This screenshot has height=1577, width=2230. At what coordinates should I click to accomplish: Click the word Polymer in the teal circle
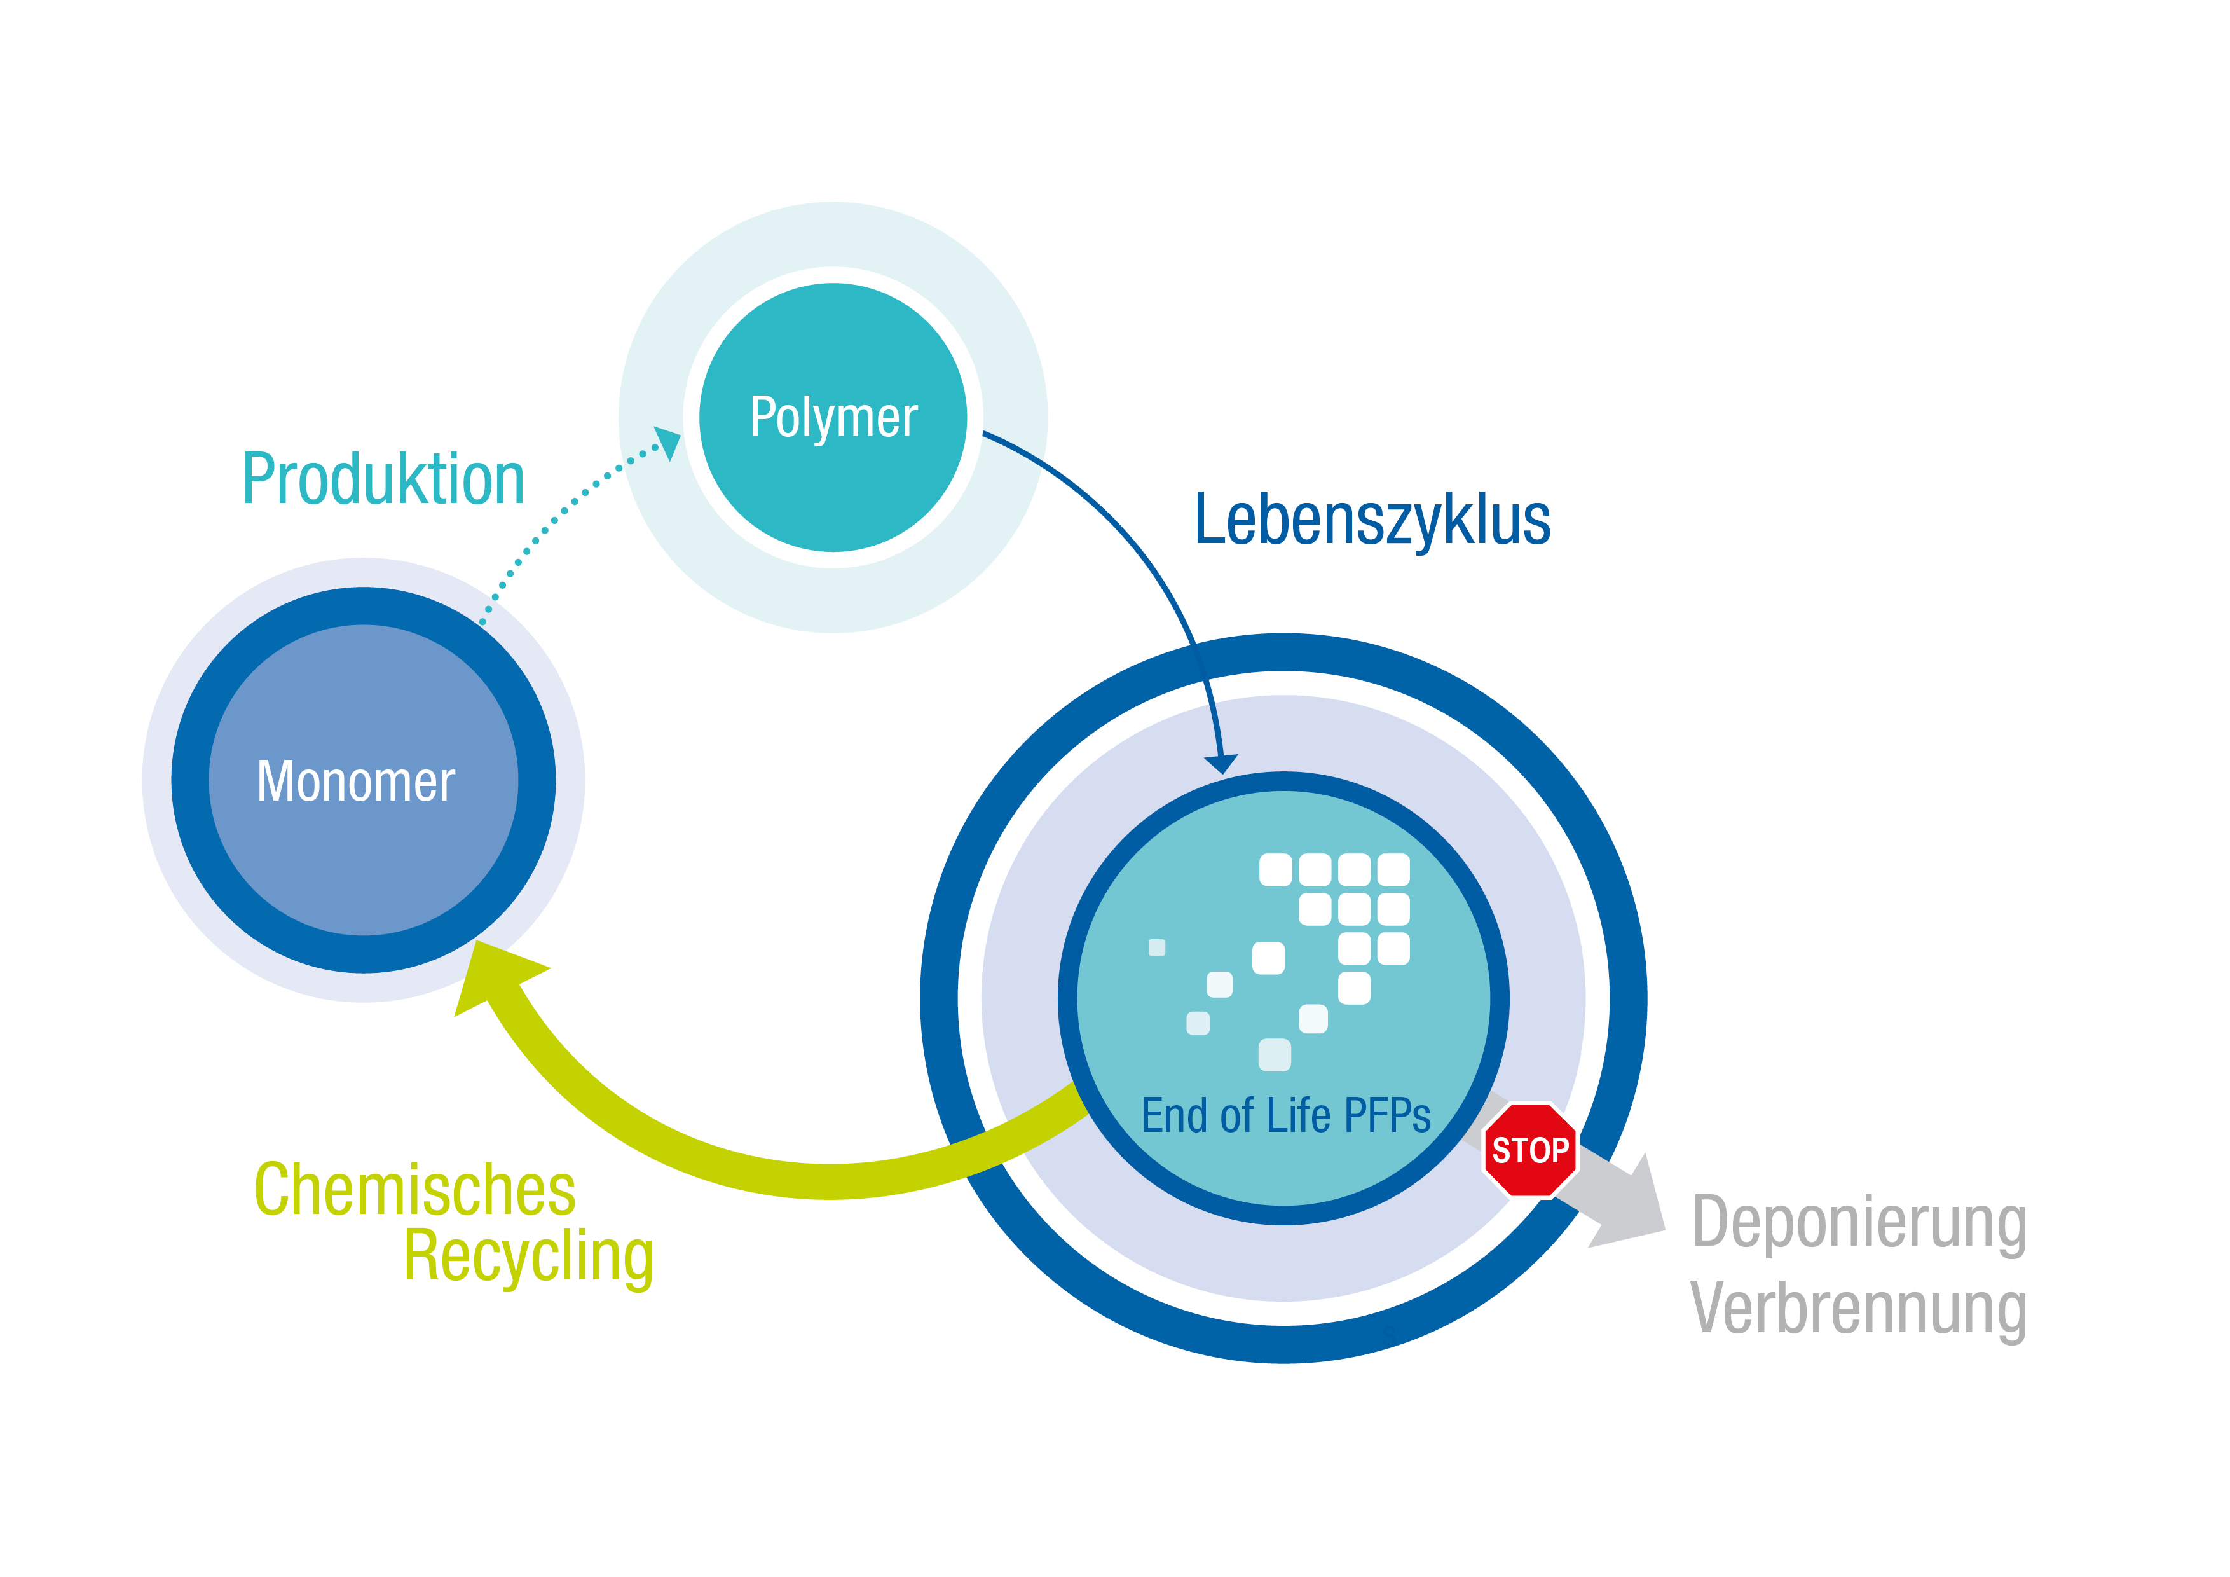pos(833,418)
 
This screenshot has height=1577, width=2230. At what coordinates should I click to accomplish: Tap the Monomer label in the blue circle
pos(355,782)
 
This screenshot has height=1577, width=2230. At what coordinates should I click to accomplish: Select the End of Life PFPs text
pos(1285,1115)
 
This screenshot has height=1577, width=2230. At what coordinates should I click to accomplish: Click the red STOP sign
pos(1529,1150)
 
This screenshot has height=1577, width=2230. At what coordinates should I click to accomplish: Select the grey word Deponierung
pos(1859,1222)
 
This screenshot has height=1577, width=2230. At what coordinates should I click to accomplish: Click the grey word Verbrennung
pos(1859,1309)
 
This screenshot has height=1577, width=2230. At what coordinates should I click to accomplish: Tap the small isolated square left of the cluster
pos(1157,947)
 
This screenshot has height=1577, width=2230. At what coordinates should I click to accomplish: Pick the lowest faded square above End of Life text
pos(1275,1055)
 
